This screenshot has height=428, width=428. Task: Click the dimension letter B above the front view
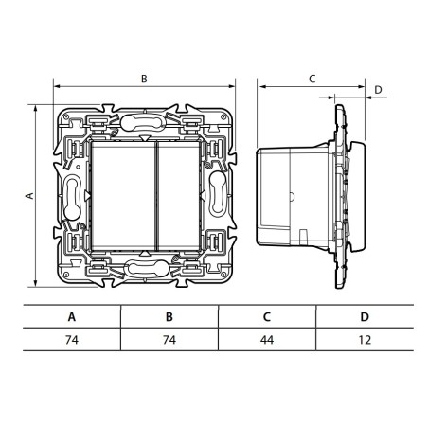click(x=144, y=80)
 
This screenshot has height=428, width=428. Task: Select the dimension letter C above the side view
click(x=312, y=80)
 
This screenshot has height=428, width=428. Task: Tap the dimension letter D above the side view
click(x=378, y=90)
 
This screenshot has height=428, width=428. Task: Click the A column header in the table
click(x=71, y=317)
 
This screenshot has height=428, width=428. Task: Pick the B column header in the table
click(x=169, y=317)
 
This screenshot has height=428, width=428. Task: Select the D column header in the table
click(x=364, y=317)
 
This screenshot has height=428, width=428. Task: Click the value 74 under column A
click(x=71, y=339)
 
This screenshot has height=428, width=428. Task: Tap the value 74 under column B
click(x=169, y=339)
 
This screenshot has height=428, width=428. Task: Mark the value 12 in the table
click(x=364, y=339)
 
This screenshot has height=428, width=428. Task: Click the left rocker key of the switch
click(x=121, y=195)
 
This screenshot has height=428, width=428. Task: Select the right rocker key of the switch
click(x=175, y=195)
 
